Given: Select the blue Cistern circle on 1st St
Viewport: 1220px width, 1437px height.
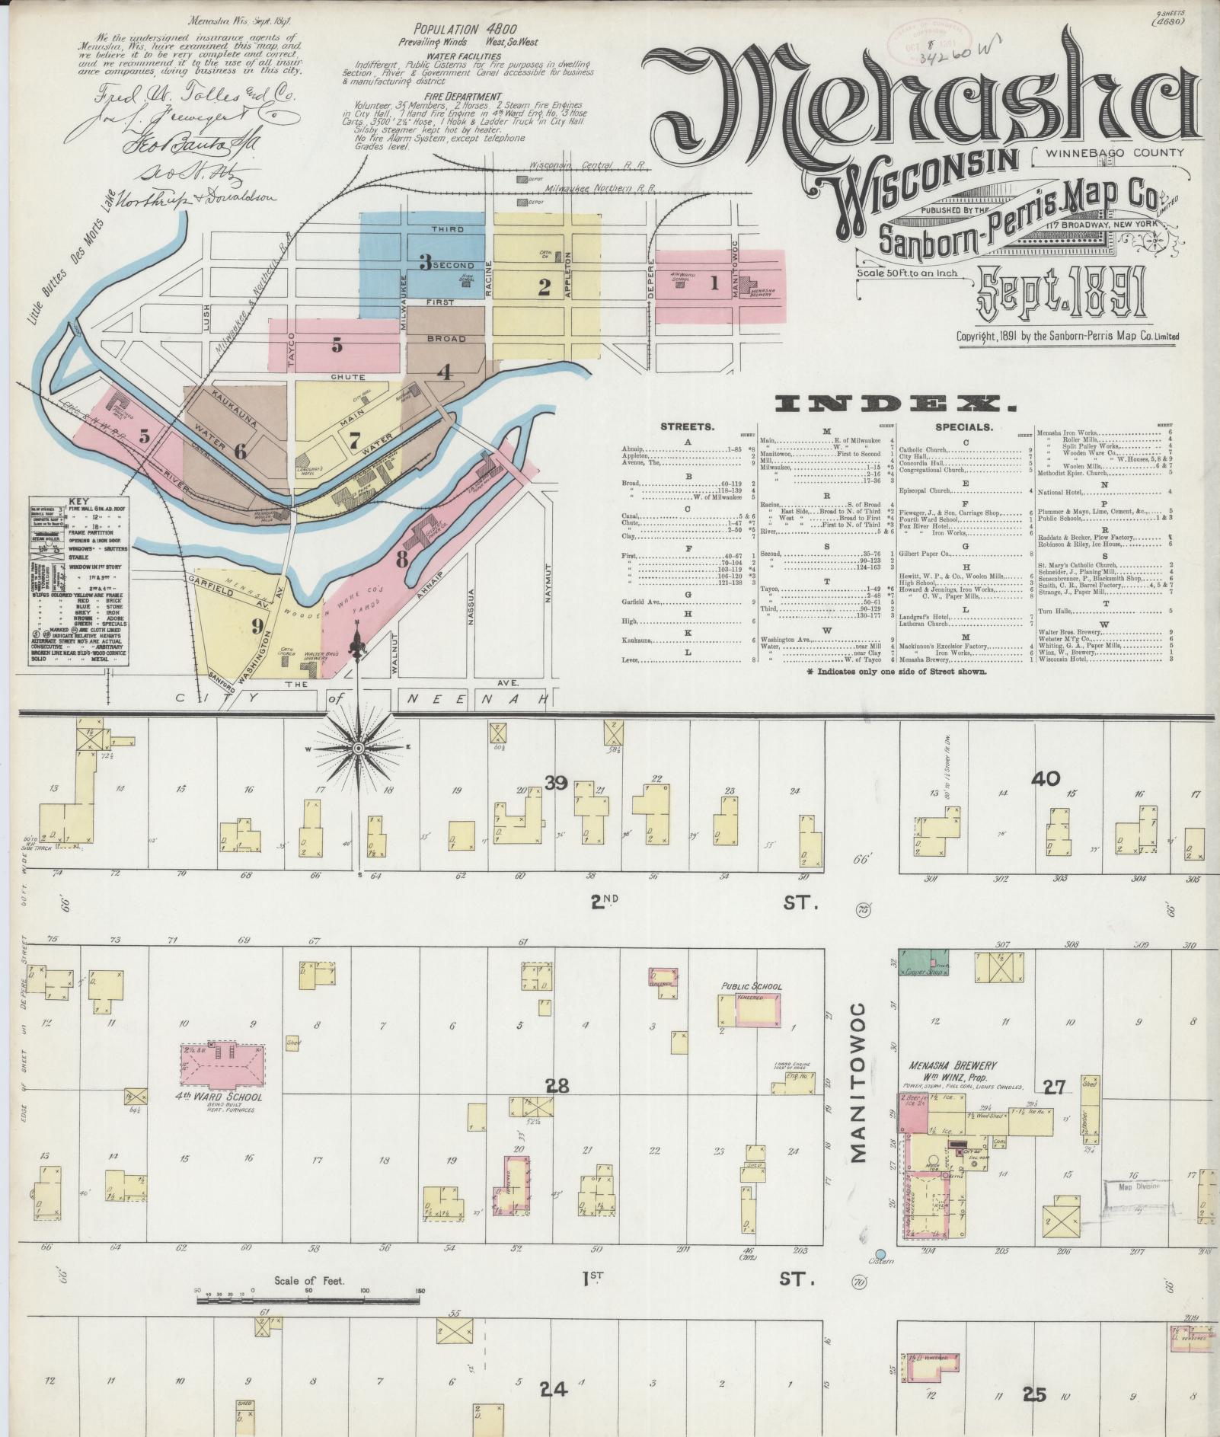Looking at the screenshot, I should click(881, 1253).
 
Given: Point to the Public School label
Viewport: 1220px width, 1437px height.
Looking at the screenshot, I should click(751, 987).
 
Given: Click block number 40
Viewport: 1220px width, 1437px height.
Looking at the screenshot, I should click(1045, 779).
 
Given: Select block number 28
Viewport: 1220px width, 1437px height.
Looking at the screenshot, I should click(557, 1085).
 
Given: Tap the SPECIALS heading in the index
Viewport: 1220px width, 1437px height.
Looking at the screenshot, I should click(966, 426).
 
